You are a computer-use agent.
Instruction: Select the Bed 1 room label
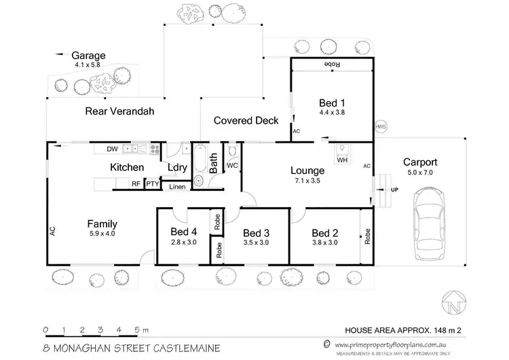[331, 105]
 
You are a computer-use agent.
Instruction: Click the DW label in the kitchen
[112, 149]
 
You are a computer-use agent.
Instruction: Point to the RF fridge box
[136, 183]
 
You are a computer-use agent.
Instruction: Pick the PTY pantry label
[153, 183]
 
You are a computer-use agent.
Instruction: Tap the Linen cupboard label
[176, 186]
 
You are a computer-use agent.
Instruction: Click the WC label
[232, 165]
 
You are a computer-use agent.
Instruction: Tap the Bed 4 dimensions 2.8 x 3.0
[183, 242]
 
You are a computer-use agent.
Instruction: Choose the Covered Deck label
[246, 121]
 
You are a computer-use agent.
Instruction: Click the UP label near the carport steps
[393, 190]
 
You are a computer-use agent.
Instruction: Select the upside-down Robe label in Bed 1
[331, 64]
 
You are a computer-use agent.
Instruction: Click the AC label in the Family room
[52, 230]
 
